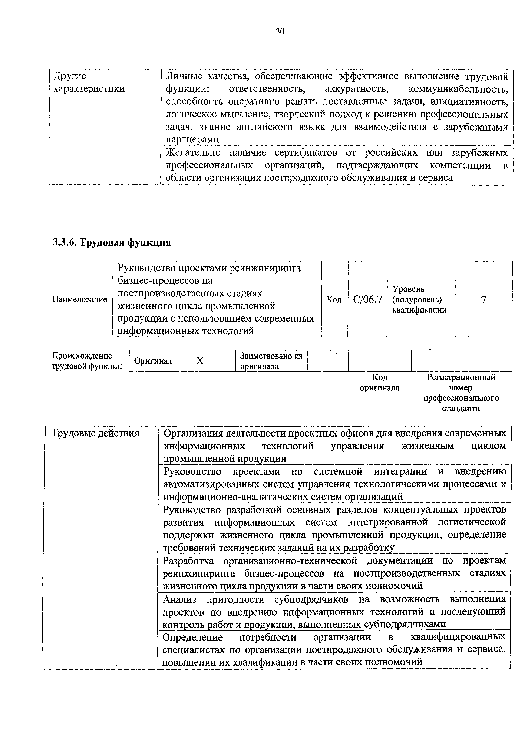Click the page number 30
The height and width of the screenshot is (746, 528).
pos(280,31)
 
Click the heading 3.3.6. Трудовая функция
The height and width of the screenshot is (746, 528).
pos(112,242)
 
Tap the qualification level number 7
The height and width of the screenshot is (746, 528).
pos(484,299)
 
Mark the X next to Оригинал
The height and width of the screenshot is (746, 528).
pos(200,361)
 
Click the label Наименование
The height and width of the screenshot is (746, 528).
pos(80,299)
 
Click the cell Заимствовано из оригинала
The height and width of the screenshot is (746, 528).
pos(271,361)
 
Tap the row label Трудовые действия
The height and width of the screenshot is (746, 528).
pos(96,433)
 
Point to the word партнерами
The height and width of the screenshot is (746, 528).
pos(193,139)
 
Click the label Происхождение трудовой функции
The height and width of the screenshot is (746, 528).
pos(86,361)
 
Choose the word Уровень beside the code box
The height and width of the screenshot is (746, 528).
pos(408,289)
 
